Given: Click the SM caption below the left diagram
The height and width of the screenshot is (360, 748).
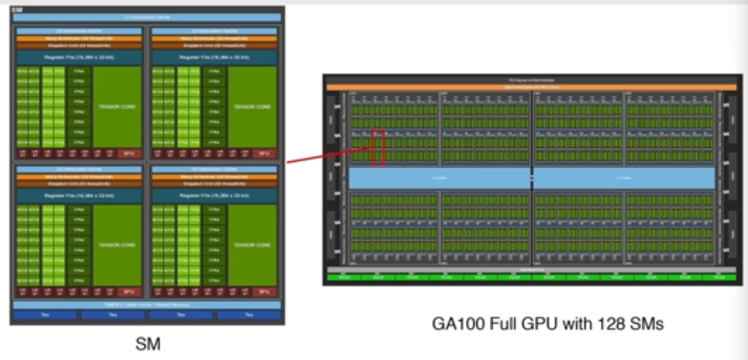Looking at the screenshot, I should (x=148, y=345).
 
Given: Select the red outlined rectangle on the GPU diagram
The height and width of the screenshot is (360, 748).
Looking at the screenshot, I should (x=378, y=147).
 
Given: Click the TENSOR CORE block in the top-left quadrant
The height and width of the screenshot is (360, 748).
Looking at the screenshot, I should (x=117, y=107).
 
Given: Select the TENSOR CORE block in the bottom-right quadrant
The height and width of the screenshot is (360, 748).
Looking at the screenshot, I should (x=252, y=245).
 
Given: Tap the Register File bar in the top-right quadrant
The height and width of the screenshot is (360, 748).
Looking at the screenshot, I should (x=214, y=57).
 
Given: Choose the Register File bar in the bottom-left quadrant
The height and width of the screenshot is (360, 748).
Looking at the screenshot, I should (x=79, y=195).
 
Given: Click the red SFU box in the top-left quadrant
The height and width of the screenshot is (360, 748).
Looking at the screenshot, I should (x=129, y=154).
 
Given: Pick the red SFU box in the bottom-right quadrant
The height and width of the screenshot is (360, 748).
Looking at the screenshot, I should (x=264, y=292).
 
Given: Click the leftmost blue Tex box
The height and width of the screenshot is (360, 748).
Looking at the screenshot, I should (x=45, y=315).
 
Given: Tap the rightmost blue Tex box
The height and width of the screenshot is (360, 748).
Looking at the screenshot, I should (x=249, y=315).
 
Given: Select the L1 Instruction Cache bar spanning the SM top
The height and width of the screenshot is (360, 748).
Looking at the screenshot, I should (x=147, y=17).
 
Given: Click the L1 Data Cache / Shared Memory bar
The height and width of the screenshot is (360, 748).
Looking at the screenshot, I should (x=147, y=305).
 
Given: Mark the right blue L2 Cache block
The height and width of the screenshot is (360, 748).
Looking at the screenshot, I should (x=624, y=178).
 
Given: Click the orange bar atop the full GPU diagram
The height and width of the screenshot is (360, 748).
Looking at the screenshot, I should (x=531, y=87).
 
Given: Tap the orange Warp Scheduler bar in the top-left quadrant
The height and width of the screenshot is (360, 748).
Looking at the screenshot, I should (x=79, y=38).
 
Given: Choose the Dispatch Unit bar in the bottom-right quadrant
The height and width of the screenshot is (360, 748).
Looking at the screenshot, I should (x=214, y=184).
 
